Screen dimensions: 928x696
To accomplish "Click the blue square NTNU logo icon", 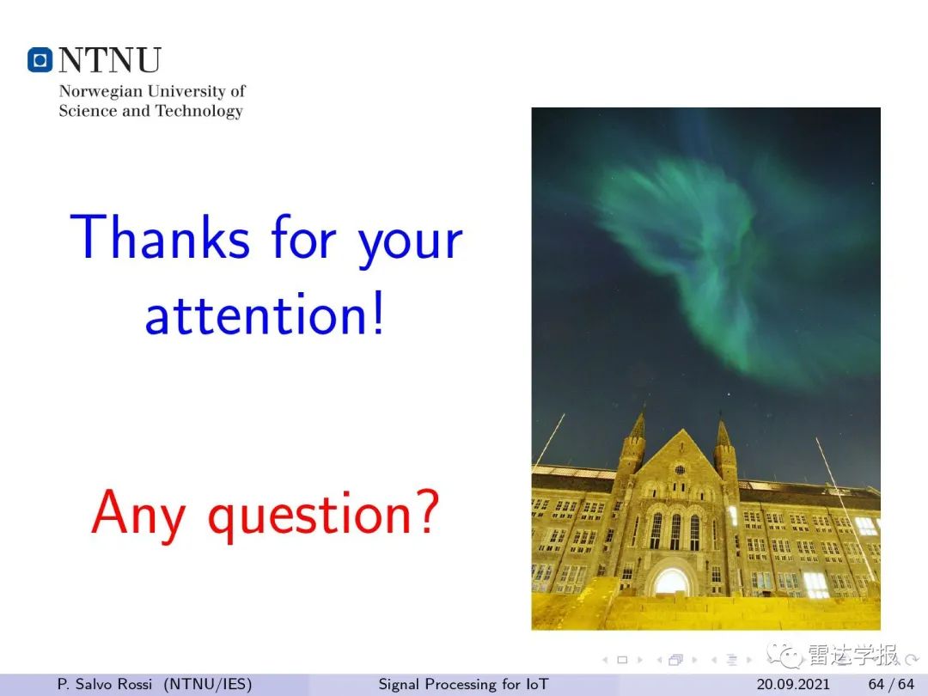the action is (x=40, y=60).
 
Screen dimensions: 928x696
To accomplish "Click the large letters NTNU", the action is (x=109, y=60).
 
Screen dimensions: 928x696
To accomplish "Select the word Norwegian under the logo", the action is (x=101, y=92).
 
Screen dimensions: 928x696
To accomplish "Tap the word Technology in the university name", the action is (x=198, y=111).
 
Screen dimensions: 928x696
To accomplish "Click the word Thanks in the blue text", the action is (x=160, y=236).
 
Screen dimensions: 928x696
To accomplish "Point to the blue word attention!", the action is (x=266, y=313).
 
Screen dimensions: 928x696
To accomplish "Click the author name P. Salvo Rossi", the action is (x=104, y=684).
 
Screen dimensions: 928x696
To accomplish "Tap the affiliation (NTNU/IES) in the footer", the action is (x=208, y=684).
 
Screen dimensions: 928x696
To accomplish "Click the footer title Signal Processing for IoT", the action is (x=463, y=684).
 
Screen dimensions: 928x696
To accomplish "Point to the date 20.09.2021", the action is (x=793, y=684).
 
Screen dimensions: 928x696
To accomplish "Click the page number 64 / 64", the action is (x=891, y=684).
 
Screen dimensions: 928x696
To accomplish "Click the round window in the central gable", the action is (x=680, y=470).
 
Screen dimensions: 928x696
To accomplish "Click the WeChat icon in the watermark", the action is (x=785, y=655).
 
